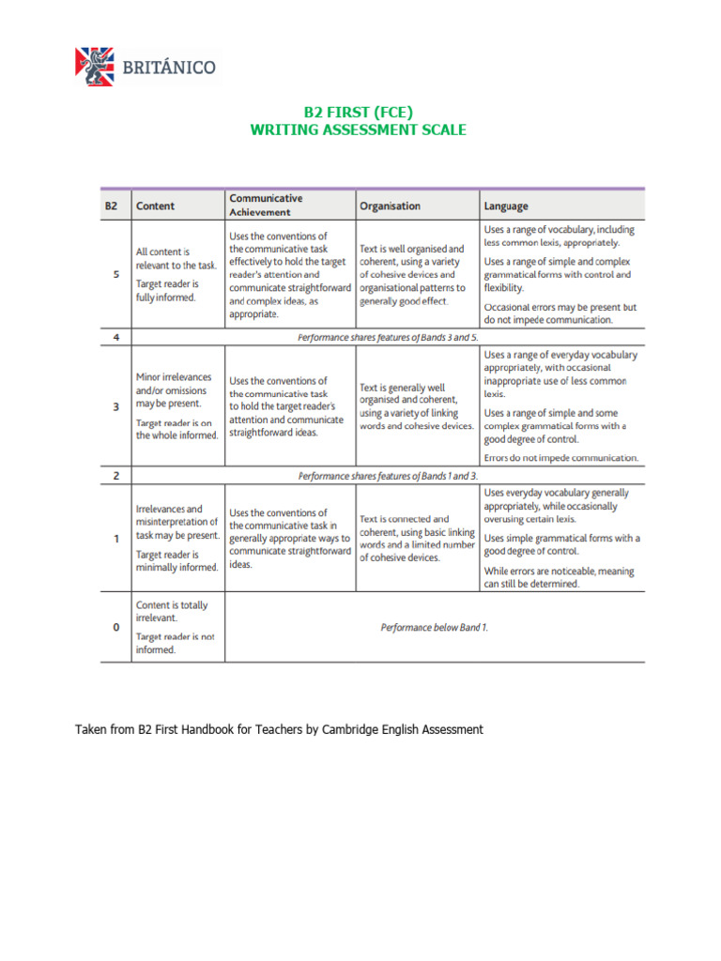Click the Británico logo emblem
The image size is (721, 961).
94,67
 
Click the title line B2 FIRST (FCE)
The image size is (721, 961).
358,113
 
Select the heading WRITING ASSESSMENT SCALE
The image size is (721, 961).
358,130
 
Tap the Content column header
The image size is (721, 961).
156,206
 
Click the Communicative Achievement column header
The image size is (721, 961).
266,205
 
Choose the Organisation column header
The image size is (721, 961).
390,206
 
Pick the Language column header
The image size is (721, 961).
506,206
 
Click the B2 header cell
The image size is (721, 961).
112,206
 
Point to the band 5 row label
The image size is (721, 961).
115,275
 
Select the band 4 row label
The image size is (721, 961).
115,337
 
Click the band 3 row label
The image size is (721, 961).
115,406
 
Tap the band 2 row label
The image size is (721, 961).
115,476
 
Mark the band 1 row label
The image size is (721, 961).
115,539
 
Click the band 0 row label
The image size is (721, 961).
115,627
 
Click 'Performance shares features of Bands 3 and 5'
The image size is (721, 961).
388,337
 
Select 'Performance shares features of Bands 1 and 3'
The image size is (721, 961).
388,476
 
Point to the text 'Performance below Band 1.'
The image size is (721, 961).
435,627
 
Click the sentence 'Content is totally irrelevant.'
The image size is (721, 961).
172,611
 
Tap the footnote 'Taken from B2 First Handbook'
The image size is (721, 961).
279,729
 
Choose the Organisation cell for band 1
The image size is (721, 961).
417,538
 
